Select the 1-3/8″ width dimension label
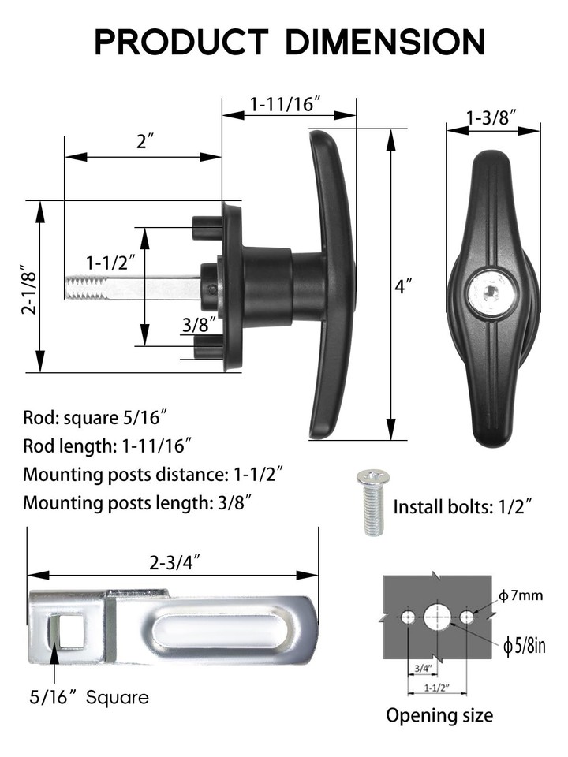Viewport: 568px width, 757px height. coord(491,117)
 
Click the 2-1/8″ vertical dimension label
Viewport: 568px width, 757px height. coord(29,288)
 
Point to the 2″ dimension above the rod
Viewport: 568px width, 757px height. coord(144,142)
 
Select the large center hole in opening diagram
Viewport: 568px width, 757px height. coord(436,617)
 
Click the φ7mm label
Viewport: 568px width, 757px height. coord(523,595)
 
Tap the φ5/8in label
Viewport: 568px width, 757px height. coord(525,646)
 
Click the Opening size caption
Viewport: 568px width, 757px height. coord(439,715)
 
